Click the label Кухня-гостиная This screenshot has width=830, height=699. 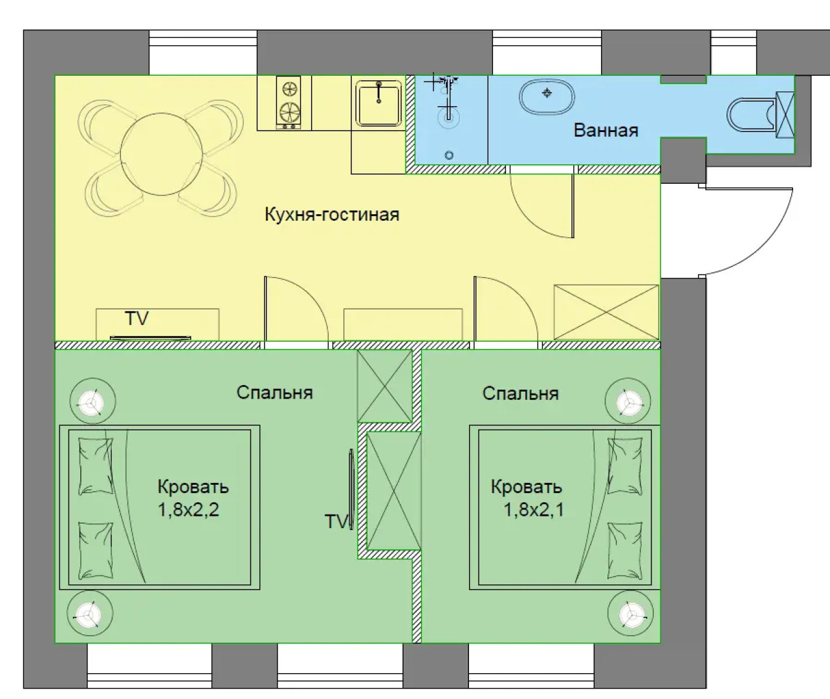coord(332,214)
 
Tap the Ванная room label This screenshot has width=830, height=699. coord(606,131)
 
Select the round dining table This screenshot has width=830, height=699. coord(161,154)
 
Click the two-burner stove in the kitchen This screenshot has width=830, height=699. coord(289,103)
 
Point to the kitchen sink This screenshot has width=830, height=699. coord(378,103)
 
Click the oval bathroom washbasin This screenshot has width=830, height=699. coord(547,96)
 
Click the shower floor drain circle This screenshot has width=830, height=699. coord(449,155)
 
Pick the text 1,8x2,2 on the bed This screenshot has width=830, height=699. coord(188,509)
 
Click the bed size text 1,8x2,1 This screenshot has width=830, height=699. coord(534,509)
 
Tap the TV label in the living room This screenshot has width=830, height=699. coord(137,318)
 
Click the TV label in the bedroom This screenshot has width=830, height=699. coord(336,522)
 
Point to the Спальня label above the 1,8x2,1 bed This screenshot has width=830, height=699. coord(521,394)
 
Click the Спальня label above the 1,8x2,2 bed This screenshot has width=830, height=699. coord(275,393)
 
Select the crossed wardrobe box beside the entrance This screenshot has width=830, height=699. coord(606,313)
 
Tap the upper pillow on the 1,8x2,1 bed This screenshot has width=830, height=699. coord(624,467)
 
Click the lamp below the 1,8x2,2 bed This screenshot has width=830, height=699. coord(90,613)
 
